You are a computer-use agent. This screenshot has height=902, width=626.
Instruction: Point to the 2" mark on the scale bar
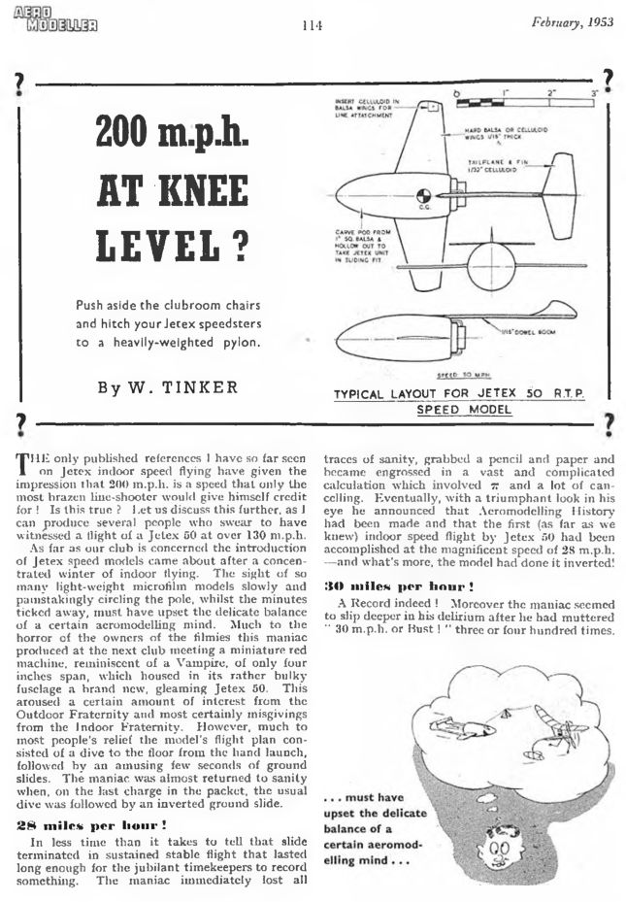553,92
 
